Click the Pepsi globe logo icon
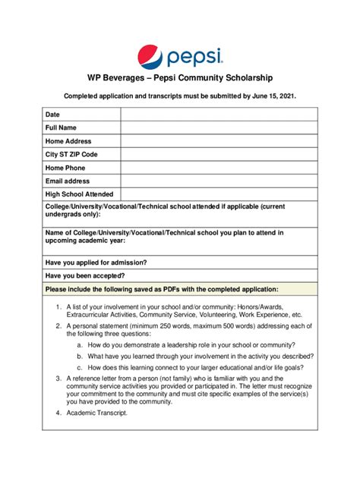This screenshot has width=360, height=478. tap(150, 56)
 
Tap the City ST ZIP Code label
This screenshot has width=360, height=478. tap(71, 154)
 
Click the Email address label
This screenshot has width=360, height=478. tap(68, 181)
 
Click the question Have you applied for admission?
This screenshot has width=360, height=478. tap(96, 262)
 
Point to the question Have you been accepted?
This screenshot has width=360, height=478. tap(85, 275)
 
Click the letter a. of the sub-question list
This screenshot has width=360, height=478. tap(80, 344)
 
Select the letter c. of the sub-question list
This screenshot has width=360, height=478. tap(80, 366)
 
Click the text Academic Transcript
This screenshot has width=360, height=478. tap(97, 414)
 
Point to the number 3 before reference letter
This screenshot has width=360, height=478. tap(58, 378)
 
